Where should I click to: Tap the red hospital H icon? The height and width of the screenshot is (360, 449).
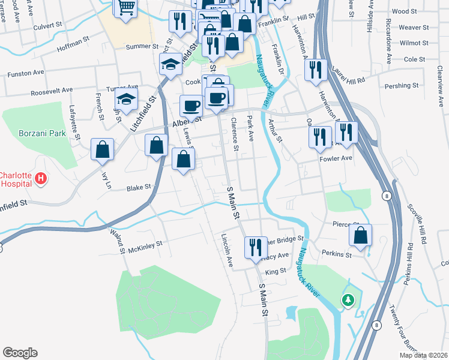click(x=41, y=178)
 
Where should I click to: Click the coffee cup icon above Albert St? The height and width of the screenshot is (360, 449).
click(x=191, y=106)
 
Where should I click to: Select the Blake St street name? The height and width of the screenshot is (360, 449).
click(x=139, y=188)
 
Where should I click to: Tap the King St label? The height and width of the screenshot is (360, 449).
click(x=276, y=271)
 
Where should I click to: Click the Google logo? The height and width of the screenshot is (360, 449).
click(x=20, y=353)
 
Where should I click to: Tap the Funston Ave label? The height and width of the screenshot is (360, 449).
click(x=26, y=73)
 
